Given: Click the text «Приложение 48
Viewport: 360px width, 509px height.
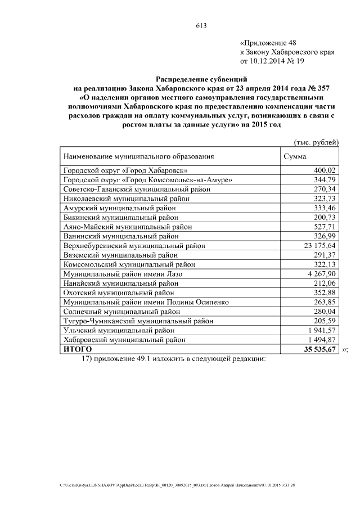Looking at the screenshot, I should pos(267,42).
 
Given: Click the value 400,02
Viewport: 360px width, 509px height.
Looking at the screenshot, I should pos(325,170).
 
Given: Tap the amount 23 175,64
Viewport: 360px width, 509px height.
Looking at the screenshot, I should pos(318,246).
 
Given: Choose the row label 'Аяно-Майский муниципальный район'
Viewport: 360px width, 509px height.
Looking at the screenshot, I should pos(132,227).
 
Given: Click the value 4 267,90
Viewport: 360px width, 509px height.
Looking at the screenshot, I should pos(321,274).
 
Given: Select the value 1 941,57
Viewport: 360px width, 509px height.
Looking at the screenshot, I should pos(321,330).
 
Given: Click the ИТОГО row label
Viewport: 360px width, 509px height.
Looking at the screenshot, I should pos(78,349).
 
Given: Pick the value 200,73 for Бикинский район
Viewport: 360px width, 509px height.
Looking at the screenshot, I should pos(325,217).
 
